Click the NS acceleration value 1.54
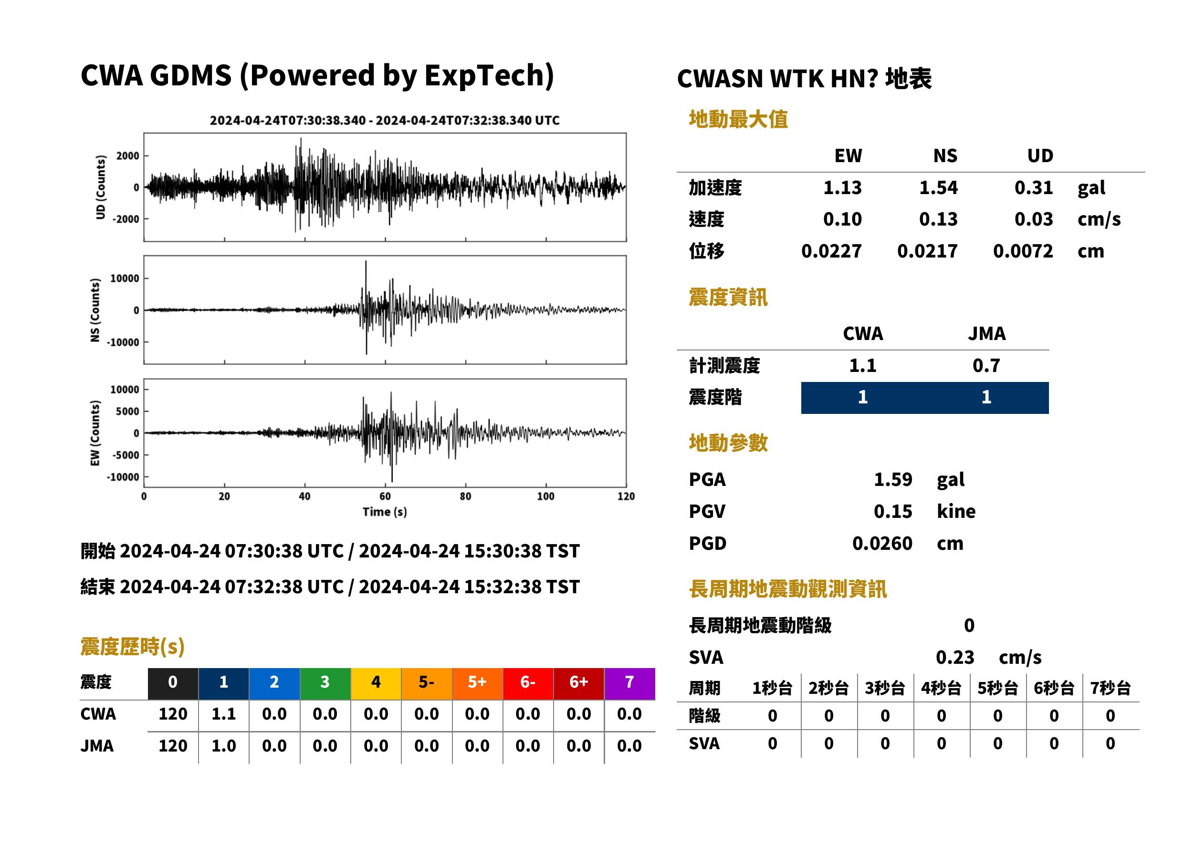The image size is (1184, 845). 938,187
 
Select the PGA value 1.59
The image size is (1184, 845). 892,479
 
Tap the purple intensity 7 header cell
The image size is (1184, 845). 629,682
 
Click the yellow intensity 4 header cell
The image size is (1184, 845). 376,682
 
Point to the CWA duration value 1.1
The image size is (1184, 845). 223,714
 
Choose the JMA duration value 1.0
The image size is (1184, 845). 223,746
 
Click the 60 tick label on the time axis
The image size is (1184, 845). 385,496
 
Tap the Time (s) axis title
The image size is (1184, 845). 385,512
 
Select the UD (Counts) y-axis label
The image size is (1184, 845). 101,187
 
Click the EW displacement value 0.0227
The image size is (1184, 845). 831,251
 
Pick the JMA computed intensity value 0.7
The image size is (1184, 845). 985,366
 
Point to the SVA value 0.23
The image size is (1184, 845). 954,657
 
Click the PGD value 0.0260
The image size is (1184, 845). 882,543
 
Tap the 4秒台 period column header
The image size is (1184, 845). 941,689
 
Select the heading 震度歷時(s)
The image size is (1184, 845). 133,647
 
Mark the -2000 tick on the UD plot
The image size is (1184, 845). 126,219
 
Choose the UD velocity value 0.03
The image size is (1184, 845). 1034,219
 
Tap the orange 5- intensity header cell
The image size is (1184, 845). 427,682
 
